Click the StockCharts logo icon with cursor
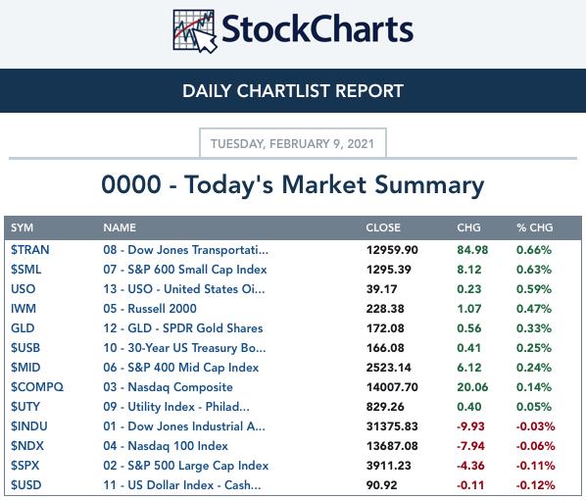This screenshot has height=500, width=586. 195,31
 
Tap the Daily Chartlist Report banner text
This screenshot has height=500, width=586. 293,91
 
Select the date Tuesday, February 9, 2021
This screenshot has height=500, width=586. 293,143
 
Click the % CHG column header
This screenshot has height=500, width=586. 535,227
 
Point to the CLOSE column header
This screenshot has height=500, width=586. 383,227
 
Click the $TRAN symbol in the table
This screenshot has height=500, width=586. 30,250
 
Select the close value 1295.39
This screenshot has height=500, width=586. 389,270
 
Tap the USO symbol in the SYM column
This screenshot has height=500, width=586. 24,289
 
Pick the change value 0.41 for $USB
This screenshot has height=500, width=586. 469,348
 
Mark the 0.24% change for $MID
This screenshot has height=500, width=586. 534,368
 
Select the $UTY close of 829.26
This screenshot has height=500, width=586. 385,407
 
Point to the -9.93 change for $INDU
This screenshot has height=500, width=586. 470,426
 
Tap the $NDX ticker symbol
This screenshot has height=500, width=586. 27,446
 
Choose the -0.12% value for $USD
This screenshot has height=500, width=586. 536,485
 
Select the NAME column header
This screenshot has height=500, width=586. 120,227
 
